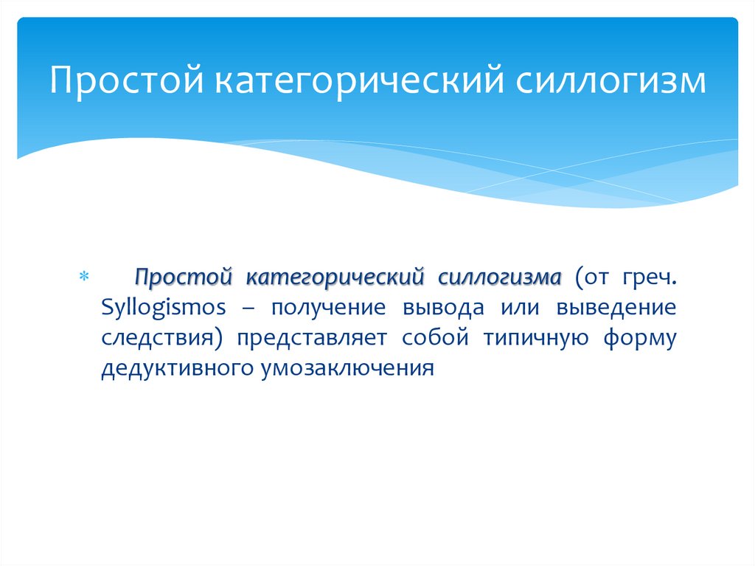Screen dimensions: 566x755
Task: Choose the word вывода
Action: pyautogui.click(x=444, y=308)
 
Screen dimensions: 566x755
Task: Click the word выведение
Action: pyautogui.click(x=620, y=308)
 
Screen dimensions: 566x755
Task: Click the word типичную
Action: pyautogui.click(x=536, y=337)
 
